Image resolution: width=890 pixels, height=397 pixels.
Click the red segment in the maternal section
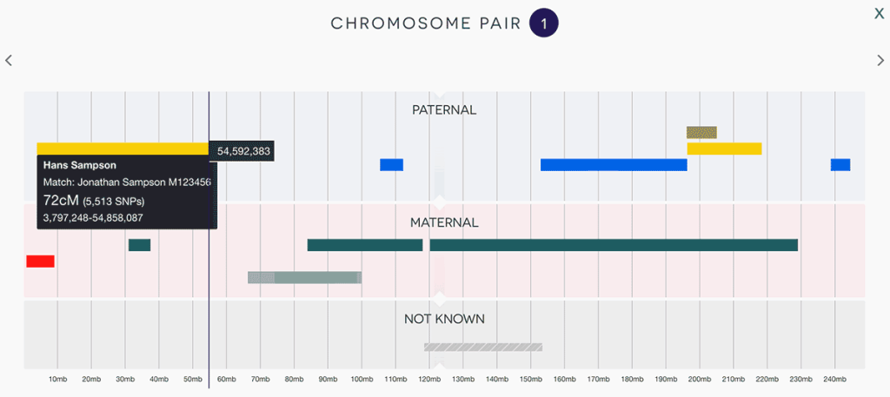point(40,261)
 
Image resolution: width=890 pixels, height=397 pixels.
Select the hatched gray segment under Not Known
point(482,347)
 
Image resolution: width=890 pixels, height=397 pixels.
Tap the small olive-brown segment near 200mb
point(701,132)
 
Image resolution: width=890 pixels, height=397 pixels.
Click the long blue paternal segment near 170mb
point(614,164)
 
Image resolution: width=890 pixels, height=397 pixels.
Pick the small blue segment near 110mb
point(391,164)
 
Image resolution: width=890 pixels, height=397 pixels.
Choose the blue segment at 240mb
point(840,164)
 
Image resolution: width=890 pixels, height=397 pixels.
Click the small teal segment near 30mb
point(139,245)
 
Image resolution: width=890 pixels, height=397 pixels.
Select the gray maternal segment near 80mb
point(304,277)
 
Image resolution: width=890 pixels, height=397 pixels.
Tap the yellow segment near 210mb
point(724,149)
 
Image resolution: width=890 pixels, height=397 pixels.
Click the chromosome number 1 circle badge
point(544,23)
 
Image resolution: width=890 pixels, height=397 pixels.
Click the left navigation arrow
point(9,60)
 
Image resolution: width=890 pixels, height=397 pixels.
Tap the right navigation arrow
point(880,60)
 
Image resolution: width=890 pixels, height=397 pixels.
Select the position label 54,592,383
point(243,151)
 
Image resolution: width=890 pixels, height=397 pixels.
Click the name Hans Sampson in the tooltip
point(80,165)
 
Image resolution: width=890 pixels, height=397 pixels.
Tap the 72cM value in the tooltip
point(61,200)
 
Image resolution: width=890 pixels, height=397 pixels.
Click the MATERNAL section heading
point(444,222)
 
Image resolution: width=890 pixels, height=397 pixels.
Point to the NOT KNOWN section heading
point(444,319)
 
